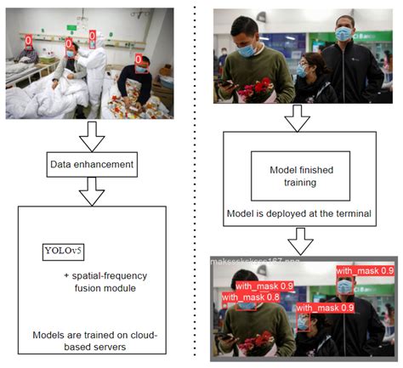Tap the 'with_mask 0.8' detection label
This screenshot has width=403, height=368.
pyautogui.click(x=251, y=298)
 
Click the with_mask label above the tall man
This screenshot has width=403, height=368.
pyautogui.click(x=364, y=271)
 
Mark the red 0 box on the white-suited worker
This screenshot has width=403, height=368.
pyautogui.click(x=92, y=37)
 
